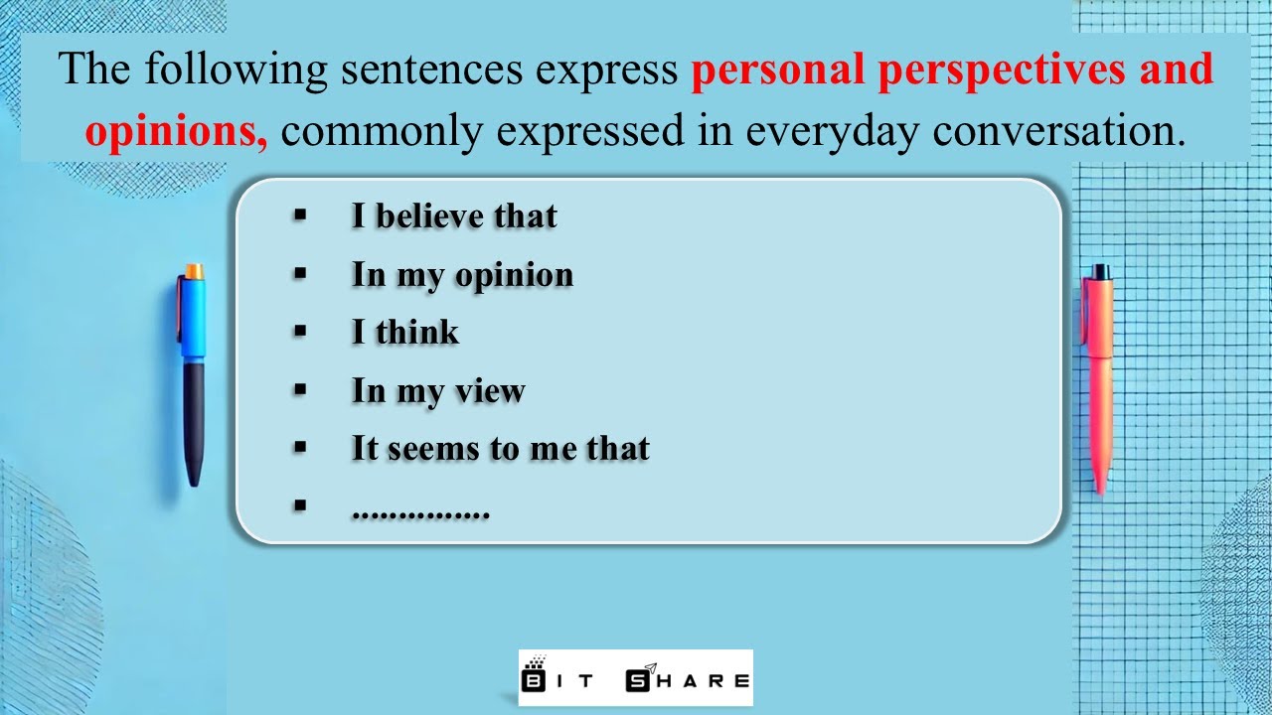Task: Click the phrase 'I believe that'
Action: (x=454, y=216)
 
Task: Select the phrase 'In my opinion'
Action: (x=462, y=275)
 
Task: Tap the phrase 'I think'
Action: (x=405, y=333)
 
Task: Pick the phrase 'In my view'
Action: (x=438, y=391)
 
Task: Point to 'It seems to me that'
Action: (x=500, y=449)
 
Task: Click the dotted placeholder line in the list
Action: (x=420, y=511)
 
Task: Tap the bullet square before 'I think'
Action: (x=300, y=332)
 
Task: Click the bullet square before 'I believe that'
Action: (x=300, y=215)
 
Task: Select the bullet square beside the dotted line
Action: (x=300, y=506)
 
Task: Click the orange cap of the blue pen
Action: (x=194, y=271)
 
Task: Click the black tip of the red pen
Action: (x=1099, y=271)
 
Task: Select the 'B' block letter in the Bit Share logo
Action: (x=534, y=680)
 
